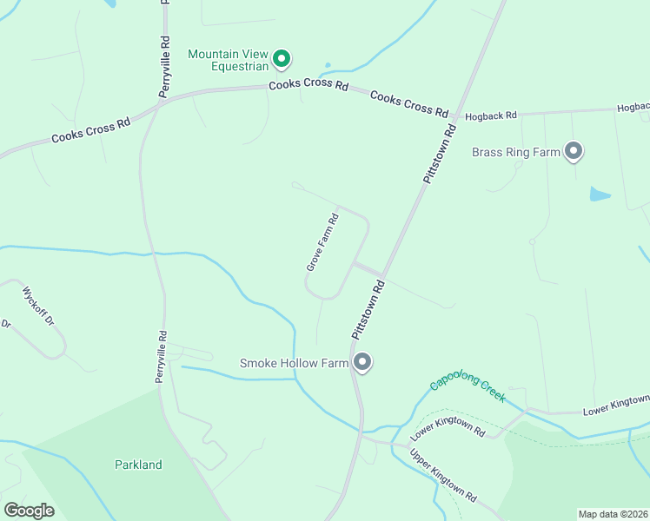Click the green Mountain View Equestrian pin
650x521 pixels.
[281, 58]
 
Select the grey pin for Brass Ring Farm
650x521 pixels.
[573, 152]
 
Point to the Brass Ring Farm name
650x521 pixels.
[515, 152]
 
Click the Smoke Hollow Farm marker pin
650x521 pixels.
[362, 362]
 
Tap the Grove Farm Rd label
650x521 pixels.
[321, 242]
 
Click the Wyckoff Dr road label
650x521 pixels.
[38, 306]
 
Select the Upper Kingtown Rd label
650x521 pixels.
[442, 476]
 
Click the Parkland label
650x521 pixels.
[138, 465]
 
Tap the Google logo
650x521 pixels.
[29, 511]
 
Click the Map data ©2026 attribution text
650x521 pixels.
[613, 514]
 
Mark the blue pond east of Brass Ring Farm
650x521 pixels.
[600, 194]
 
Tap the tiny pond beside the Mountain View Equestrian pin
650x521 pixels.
[327, 64]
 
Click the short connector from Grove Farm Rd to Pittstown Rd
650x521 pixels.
[368, 269]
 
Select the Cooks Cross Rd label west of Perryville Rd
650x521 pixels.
[90, 130]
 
